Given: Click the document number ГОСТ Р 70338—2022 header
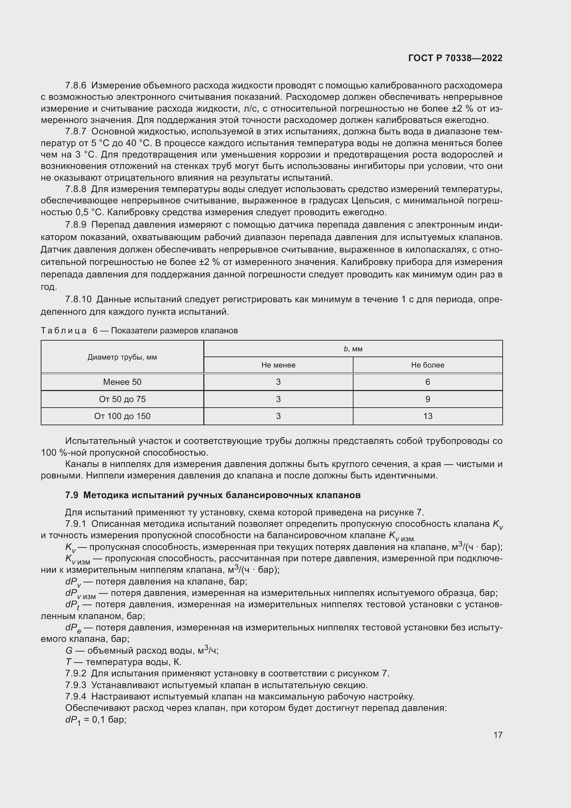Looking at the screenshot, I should [455, 58].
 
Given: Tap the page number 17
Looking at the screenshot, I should [498, 735].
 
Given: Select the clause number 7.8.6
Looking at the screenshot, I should [76, 86].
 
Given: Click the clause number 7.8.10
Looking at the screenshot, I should [78, 300].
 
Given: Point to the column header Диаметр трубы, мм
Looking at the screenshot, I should [122, 357].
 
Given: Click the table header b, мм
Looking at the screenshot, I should [353, 349].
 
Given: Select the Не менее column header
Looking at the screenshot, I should [278, 365].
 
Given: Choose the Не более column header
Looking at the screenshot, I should [427, 365].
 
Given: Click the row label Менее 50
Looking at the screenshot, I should [122, 382].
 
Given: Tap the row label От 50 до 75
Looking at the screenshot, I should [122, 399].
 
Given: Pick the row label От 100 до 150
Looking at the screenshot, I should [122, 416].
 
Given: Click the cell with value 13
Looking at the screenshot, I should [427, 416].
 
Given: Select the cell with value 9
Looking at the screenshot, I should [427, 399].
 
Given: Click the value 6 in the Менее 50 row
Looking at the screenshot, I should [427, 382].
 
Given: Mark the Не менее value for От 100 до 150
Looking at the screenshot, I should [278, 416].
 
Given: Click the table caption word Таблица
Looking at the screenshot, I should [64, 331].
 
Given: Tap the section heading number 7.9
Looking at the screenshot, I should [71, 495].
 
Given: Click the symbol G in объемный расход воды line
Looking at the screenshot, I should [69, 651].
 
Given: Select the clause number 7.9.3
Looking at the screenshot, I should [76, 685].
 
